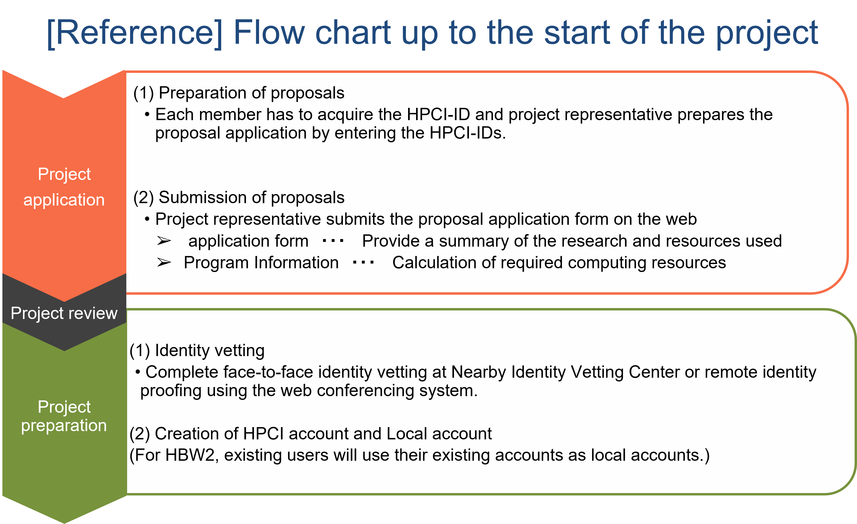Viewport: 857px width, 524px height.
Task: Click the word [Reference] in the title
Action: pos(135,33)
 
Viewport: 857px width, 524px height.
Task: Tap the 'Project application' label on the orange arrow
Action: pos(64,187)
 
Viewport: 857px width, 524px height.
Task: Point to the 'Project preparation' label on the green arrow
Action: pos(64,416)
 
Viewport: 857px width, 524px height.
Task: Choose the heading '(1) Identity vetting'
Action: pos(197,350)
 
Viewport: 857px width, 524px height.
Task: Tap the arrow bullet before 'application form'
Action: pos(164,241)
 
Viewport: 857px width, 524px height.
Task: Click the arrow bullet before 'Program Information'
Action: pos(164,262)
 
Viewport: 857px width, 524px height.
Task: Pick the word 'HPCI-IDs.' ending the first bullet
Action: pos(468,133)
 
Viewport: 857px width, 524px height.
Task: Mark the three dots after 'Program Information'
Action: pos(363,262)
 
